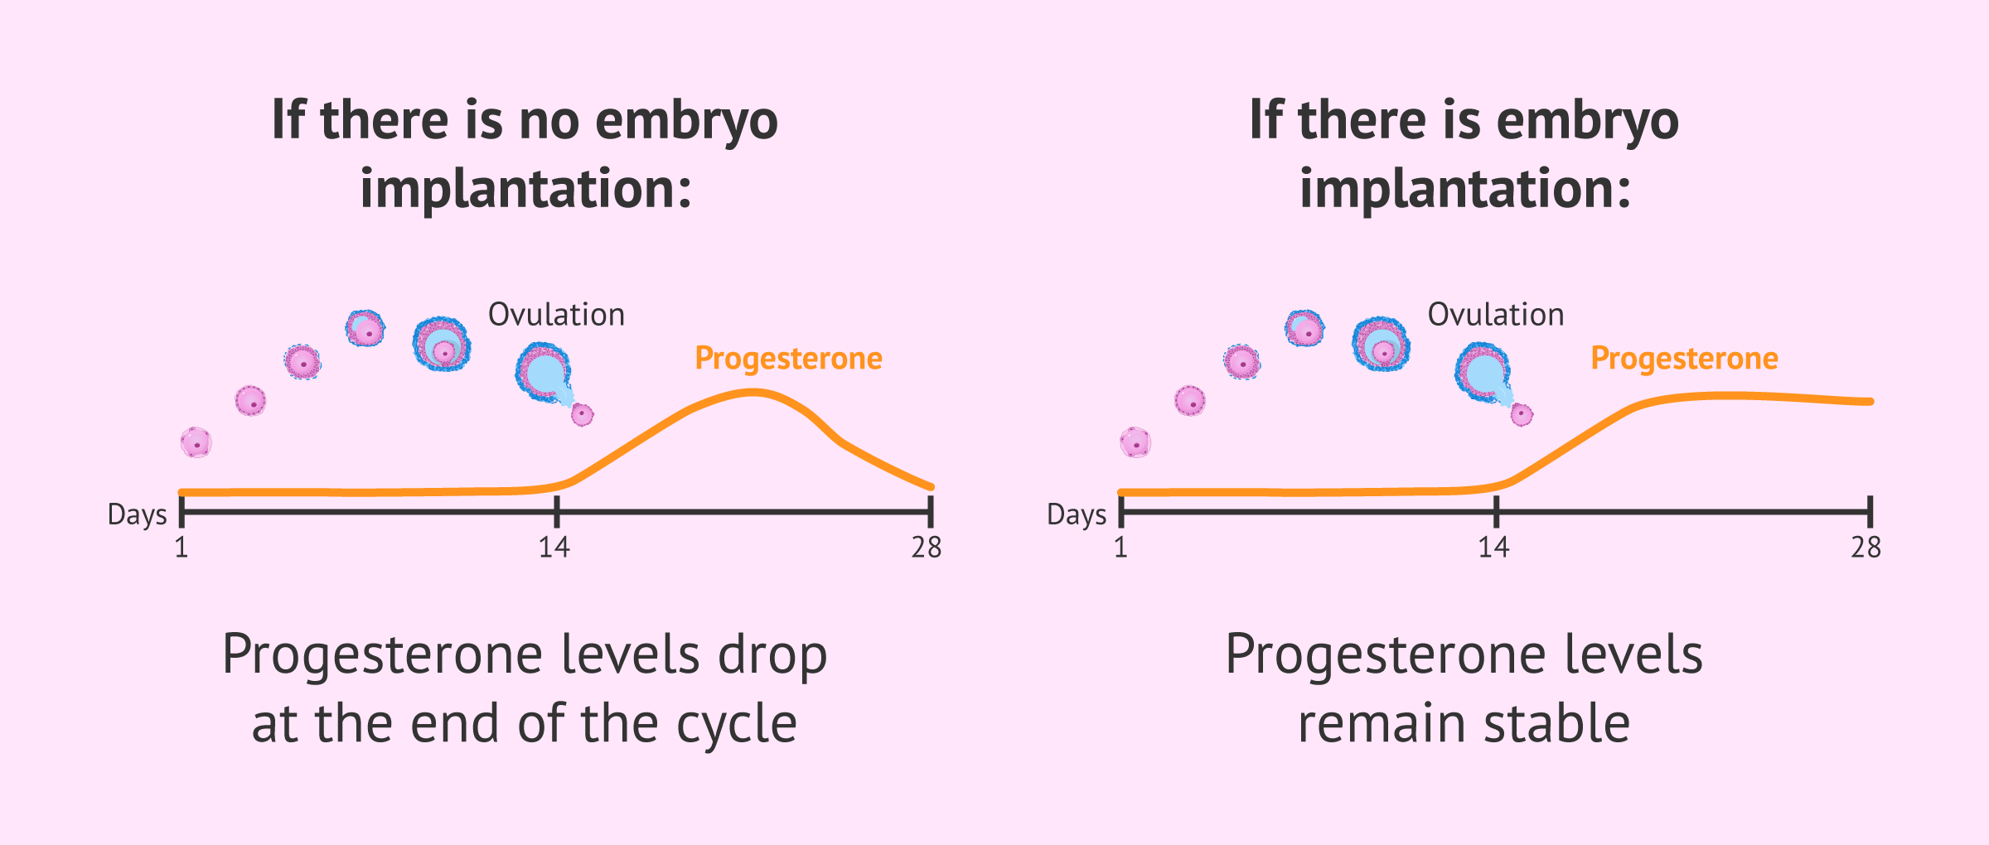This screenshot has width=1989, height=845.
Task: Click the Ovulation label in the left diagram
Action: click(556, 315)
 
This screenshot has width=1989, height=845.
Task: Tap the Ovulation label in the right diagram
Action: click(1495, 315)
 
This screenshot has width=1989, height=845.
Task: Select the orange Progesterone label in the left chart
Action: click(788, 359)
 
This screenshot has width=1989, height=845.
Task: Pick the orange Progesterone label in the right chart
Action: click(1684, 359)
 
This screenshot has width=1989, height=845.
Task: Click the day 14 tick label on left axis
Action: click(554, 548)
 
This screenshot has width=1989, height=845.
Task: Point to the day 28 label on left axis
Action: click(927, 548)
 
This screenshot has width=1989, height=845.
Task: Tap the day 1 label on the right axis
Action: click(1120, 548)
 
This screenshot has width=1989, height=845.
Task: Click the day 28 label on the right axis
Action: click(1866, 548)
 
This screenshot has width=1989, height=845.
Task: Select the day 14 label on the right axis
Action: click(1493, 548)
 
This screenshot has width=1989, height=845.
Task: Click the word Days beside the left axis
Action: click(137, 514)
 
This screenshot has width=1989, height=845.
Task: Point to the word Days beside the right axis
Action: click(1076, 514)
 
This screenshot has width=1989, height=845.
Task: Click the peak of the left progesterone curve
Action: click(752, 393)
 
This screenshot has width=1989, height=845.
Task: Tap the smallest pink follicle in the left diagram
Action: click(196, 442)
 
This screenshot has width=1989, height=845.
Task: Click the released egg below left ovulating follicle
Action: click(583, 414)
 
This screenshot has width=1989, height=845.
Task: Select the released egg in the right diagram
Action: click(1522, 414)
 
